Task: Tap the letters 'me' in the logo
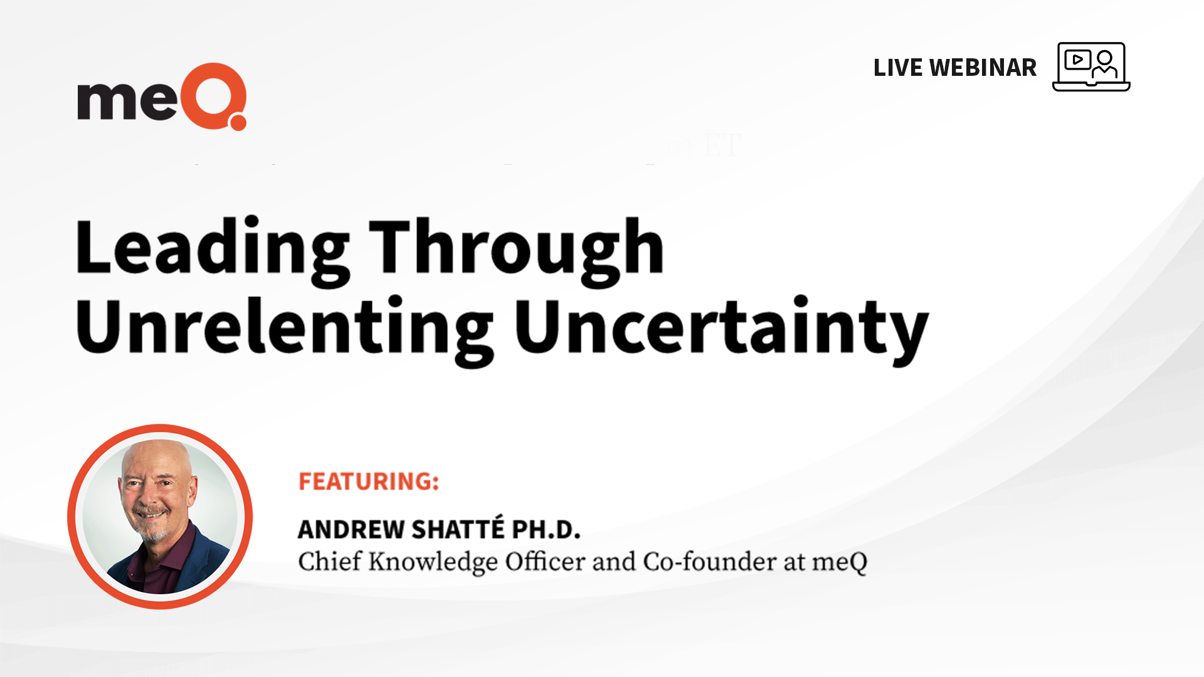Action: [127, 100]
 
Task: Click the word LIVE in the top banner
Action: [897, 68]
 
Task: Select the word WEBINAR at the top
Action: [983, 68]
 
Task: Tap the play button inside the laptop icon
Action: [1077, 60]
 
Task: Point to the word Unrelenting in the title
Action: [285, 329]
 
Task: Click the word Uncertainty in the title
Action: [722, 329]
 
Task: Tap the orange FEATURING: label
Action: [369, 481]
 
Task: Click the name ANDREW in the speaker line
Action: [351, 530]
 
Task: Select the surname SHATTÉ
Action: [458, 528]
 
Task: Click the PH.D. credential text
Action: [546, 530]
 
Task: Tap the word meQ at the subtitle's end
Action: [840, 563]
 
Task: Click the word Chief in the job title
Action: [330, 562]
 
